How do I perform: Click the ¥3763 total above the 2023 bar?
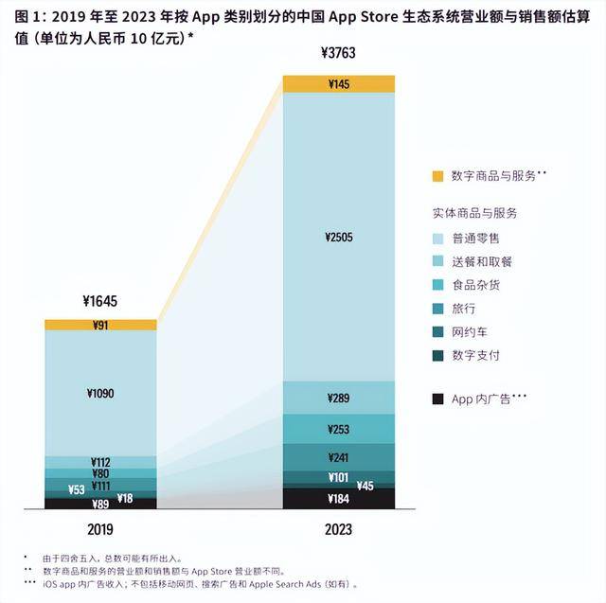tap(338, 52)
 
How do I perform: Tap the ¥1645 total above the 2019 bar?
tap(100, 302)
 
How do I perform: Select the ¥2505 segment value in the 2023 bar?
tap(338, 237)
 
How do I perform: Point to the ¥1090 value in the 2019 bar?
tap(100, 392)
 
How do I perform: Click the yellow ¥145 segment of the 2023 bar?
tap(338, 84)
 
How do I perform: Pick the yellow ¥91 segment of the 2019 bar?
tap(100, 326)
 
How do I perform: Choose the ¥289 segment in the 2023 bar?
tap(338, 399)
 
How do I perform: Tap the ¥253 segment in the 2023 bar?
tap(338, 429)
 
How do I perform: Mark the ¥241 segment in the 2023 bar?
tap(338, 456)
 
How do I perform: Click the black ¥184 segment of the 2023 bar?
tap(338, 498)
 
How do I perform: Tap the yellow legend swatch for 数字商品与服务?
tap(437, 176)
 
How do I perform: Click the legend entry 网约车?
tap(472, 332)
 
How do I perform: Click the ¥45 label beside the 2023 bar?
tap(365, 486)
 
